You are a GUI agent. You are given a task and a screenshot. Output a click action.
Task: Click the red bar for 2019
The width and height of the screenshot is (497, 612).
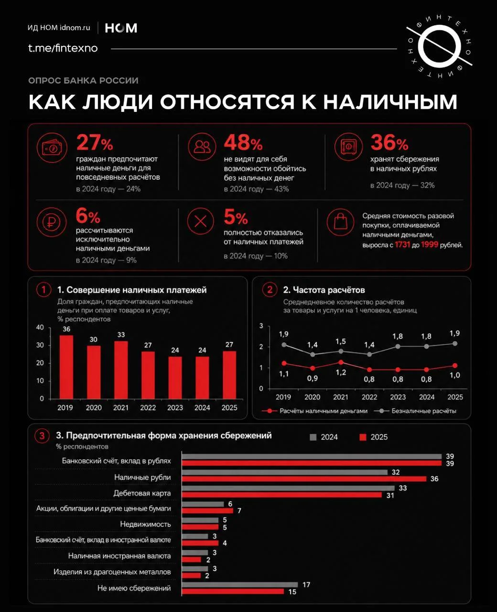[66, 367]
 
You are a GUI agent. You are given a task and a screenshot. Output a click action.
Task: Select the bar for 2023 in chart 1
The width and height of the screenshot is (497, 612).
[175, 378]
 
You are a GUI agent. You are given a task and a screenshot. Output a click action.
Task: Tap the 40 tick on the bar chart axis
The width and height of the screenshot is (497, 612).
[40, 327]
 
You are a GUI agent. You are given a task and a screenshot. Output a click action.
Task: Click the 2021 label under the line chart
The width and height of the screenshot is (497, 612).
[341, 397]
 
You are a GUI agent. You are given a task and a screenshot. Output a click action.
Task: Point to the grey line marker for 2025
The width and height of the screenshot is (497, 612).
[455, 344]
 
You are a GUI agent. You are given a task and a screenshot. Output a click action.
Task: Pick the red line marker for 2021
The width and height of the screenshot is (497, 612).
[341, 362]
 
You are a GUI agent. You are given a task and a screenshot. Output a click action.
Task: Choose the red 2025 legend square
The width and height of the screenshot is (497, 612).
[363, 437]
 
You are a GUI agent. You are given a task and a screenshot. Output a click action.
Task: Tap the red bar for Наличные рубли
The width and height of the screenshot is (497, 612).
[304, 479]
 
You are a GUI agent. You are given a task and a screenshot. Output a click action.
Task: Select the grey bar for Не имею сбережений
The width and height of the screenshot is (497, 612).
[240, 584]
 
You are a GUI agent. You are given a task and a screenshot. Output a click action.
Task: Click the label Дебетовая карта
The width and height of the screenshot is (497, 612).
[142, 493]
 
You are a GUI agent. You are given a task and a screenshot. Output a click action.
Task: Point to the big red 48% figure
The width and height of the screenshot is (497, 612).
[243, 142]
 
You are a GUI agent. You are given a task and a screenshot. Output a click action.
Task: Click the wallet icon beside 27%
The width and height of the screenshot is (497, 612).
[52, 148]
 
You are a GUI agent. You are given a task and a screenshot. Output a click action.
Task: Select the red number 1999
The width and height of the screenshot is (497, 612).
[430, 245]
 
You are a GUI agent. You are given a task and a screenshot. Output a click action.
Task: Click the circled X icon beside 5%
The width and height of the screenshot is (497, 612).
[201, 221]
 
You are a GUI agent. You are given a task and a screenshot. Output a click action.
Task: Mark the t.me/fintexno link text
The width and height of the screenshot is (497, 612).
[63, 48]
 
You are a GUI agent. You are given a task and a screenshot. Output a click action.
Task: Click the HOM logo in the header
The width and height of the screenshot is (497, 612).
[121, 28]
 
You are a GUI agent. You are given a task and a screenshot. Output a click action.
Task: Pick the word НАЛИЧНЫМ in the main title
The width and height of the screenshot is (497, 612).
[390, 102]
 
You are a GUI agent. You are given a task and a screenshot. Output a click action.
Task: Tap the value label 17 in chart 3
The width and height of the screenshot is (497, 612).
[306, 585]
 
